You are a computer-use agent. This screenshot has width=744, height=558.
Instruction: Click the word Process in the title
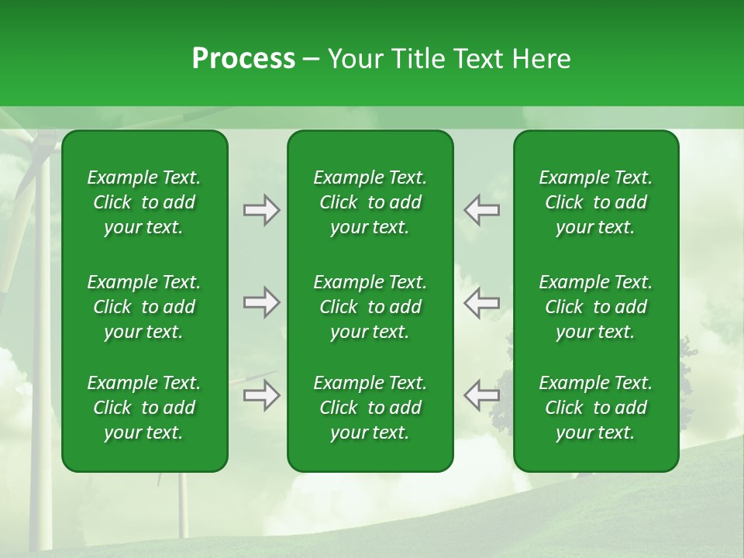pos(243,59)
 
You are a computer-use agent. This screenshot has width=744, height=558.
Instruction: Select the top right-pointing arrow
pos(261,210)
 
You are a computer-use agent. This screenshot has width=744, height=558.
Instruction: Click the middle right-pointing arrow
pos(261,302)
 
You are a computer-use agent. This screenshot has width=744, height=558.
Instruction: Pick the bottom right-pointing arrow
pos(261,395)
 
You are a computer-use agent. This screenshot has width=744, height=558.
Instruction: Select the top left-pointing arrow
pos(482,210)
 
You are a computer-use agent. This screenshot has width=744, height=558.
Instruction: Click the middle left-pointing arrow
pos(482,302)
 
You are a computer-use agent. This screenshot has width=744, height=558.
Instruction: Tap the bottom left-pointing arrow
pos(482,395)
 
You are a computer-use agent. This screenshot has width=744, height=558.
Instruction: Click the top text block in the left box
pos(144,202)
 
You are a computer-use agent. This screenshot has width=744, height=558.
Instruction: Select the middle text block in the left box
pos(144,307)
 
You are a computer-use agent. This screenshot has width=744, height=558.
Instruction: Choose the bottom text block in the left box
pos(144,408)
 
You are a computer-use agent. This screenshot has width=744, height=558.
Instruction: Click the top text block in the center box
pos(370,202)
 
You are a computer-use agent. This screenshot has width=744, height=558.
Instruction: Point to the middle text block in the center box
pos(370,307)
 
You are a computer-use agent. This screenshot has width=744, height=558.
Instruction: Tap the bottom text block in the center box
pos(370,408)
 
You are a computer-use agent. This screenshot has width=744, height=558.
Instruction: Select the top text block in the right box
pos(595,202)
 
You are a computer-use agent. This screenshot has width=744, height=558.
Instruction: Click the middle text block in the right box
pos(595,307)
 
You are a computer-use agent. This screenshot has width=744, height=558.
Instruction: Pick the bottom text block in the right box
pos(595,408)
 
